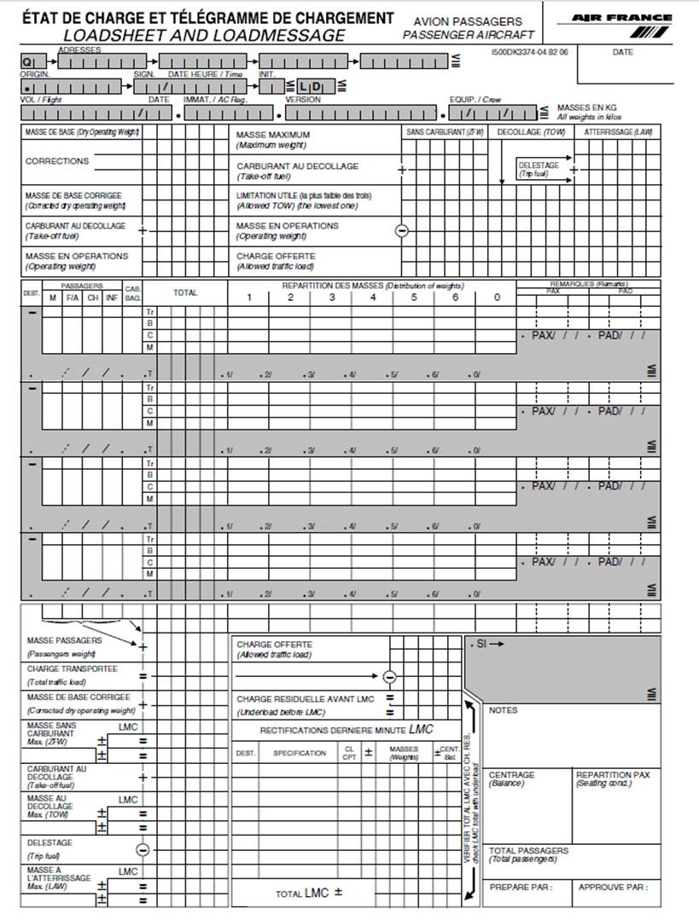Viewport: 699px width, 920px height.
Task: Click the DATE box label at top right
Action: (x=623, y=52)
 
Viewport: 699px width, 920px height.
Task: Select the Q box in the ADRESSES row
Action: (x=28, y=62)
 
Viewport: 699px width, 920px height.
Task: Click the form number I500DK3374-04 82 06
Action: (x=530, y=52)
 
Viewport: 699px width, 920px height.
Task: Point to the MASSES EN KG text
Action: (x=587, y=108)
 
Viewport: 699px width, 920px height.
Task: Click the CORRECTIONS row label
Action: (x=57, y=161)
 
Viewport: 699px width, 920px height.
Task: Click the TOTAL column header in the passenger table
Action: (x=185, y=292)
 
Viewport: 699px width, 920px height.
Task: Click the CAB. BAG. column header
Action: (x=133, y=292)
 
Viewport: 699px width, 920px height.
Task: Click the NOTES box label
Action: (x=503, y=710)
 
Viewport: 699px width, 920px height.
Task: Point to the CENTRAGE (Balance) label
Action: (x=512, y=778)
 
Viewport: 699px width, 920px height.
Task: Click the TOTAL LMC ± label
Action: (x=308, y=893)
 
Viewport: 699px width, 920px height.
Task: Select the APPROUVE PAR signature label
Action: (x=613, y=887)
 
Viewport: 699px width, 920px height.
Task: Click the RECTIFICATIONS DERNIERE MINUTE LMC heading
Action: (x=347, y=730)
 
